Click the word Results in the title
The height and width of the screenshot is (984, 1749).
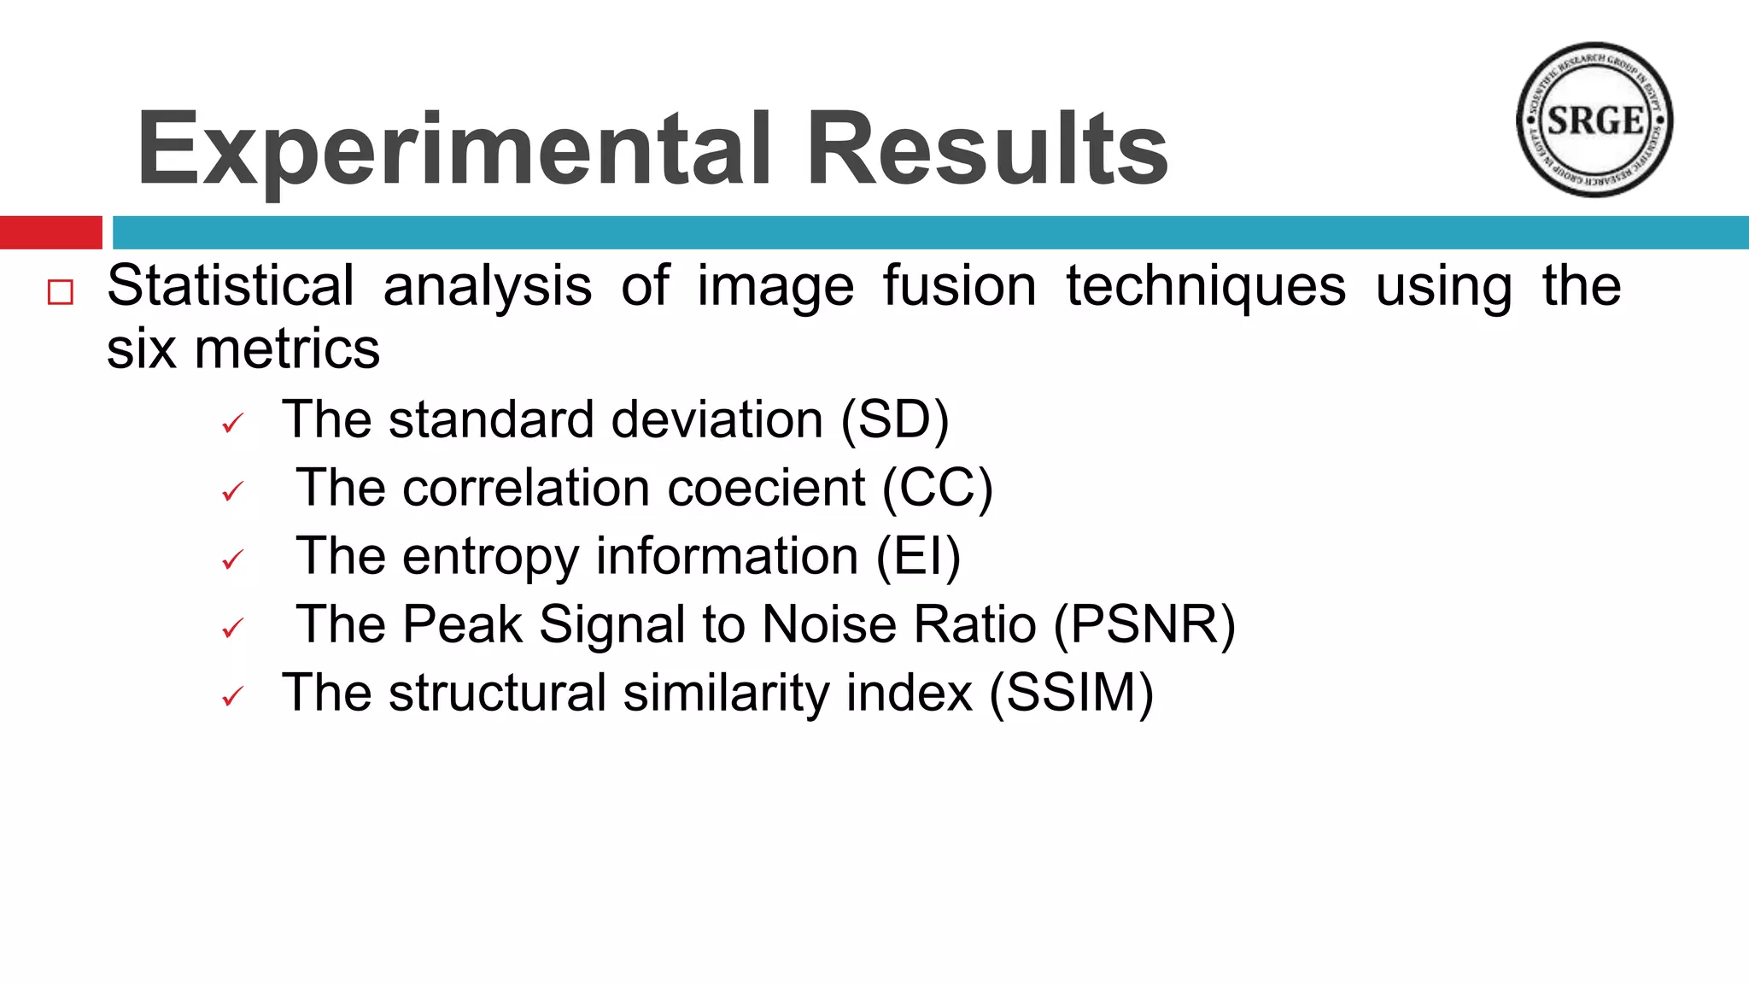(x=987, y=149)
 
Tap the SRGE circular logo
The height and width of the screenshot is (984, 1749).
(x=1594, y=120)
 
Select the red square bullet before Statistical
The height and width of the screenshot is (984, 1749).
(x=61, y=292)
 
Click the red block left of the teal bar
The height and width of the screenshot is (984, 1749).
(x=50, y=232)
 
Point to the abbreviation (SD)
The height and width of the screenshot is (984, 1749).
(x=895, y=419)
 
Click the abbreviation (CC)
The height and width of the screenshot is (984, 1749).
(x=938, y=488)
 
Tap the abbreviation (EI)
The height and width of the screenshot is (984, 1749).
(x=919, y=556)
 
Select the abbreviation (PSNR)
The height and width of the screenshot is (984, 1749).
(x=1144, y=624)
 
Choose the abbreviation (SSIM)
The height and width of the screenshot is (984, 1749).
(x=1071, y=693)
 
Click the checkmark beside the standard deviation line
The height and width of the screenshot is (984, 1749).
(x=232, y=423)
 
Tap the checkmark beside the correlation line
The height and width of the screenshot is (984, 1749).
(x=232, y=491)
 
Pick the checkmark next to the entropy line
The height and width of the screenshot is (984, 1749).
(x=232, y=559)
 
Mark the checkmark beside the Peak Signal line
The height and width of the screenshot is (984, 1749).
(x=232, y=629)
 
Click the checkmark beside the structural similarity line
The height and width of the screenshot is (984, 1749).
(x=232, y=697)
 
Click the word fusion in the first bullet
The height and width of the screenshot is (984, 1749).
(x=959, y=285)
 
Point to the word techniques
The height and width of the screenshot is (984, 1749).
(x=1206, y=285)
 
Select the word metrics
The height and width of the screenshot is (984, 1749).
(x=287, y=349)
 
